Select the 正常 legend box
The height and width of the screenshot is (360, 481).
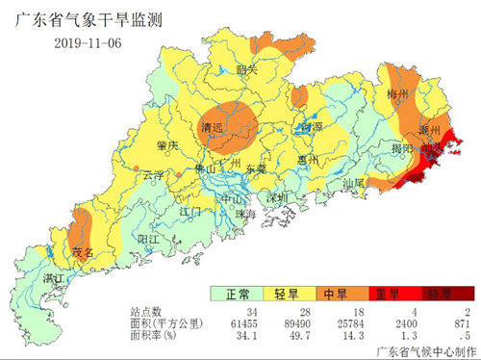[x=238, y=294]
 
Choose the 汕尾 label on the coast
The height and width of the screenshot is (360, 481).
[x=354, y=181]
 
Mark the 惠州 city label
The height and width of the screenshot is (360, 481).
[x=309, y=159]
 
